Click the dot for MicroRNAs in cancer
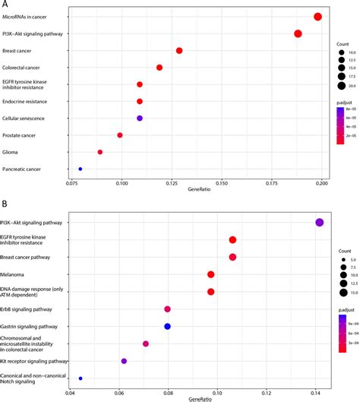click(317, 17)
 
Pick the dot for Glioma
click(100, 152)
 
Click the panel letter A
click(5, 5)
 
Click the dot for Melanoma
click(210, 274)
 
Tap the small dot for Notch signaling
click(81, 378)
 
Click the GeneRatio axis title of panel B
click(201, 398)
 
